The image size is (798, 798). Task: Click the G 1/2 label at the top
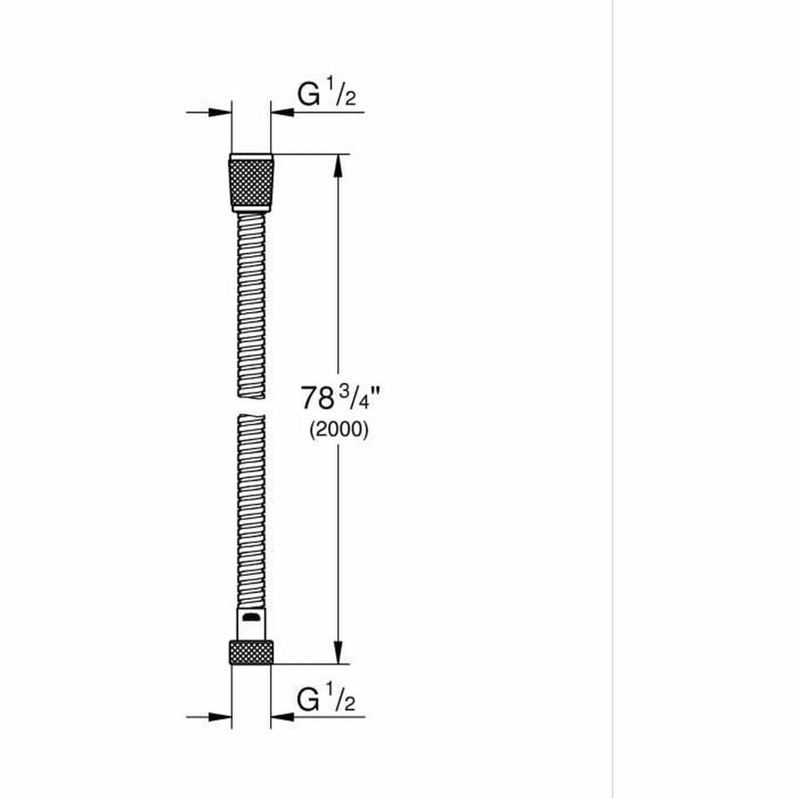coord(327,96)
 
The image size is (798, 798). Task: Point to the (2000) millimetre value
coord(338,430)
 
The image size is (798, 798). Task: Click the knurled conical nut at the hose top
coord(251,181)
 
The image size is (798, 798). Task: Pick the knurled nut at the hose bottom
coord(251,652)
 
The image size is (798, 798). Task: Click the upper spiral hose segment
coord(251,306)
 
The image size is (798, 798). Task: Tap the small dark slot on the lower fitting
coord(250,618)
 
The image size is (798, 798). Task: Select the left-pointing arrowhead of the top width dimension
coord(282,112)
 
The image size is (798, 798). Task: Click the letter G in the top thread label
coord(309,96)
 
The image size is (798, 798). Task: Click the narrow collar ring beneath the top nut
coord(251,209)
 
